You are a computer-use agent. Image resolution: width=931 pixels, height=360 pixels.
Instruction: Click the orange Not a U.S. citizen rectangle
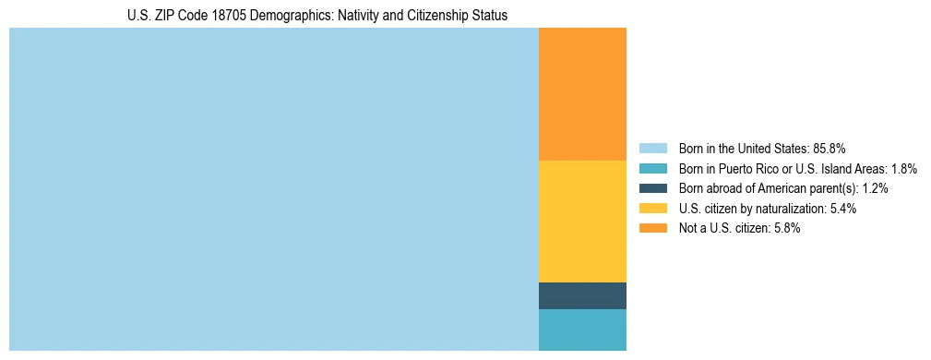[x=582, y=94]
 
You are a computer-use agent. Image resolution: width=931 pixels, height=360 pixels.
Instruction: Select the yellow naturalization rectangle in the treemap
[x=582, y=221]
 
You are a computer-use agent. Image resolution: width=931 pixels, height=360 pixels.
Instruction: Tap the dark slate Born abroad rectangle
[x=582, y=295]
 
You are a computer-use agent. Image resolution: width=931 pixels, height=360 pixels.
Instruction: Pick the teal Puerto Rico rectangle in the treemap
[x=582, y=330]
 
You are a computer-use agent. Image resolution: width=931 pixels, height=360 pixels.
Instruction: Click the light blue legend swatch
[x=652, y=149]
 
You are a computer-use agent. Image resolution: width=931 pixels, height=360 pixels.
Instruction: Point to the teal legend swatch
[x=652, y=169]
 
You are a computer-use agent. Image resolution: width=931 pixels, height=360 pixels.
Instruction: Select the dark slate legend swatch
[x=652, y=188]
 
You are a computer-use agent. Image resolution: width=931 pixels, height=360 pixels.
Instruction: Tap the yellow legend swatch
[x=652, y=209]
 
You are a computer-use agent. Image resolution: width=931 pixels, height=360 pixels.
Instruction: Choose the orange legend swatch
[x=652, y=228]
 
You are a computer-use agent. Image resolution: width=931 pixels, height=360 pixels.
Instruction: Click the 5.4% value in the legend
[x=842, y=209]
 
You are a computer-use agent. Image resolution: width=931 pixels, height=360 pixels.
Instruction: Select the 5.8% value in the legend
[x=786, y=228]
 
